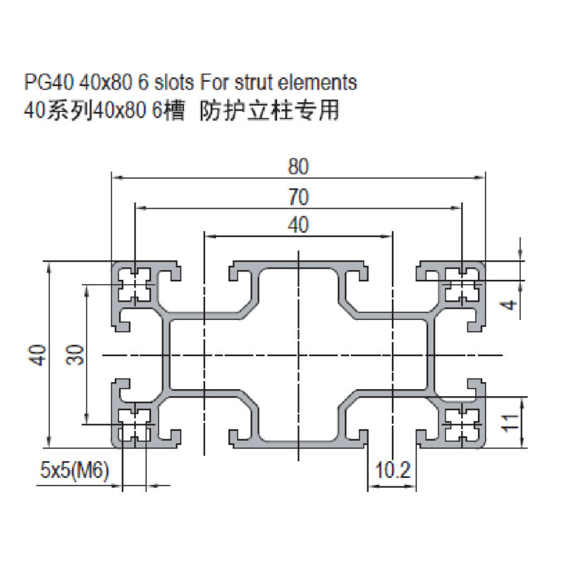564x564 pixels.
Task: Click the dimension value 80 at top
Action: (298, 166)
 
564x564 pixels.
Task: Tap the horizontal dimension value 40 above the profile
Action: (298, 225)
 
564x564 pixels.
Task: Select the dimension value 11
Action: (512, 422)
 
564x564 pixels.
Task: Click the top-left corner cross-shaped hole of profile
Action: (135, 283)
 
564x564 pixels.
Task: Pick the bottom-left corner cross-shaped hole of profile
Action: (135, 424)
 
